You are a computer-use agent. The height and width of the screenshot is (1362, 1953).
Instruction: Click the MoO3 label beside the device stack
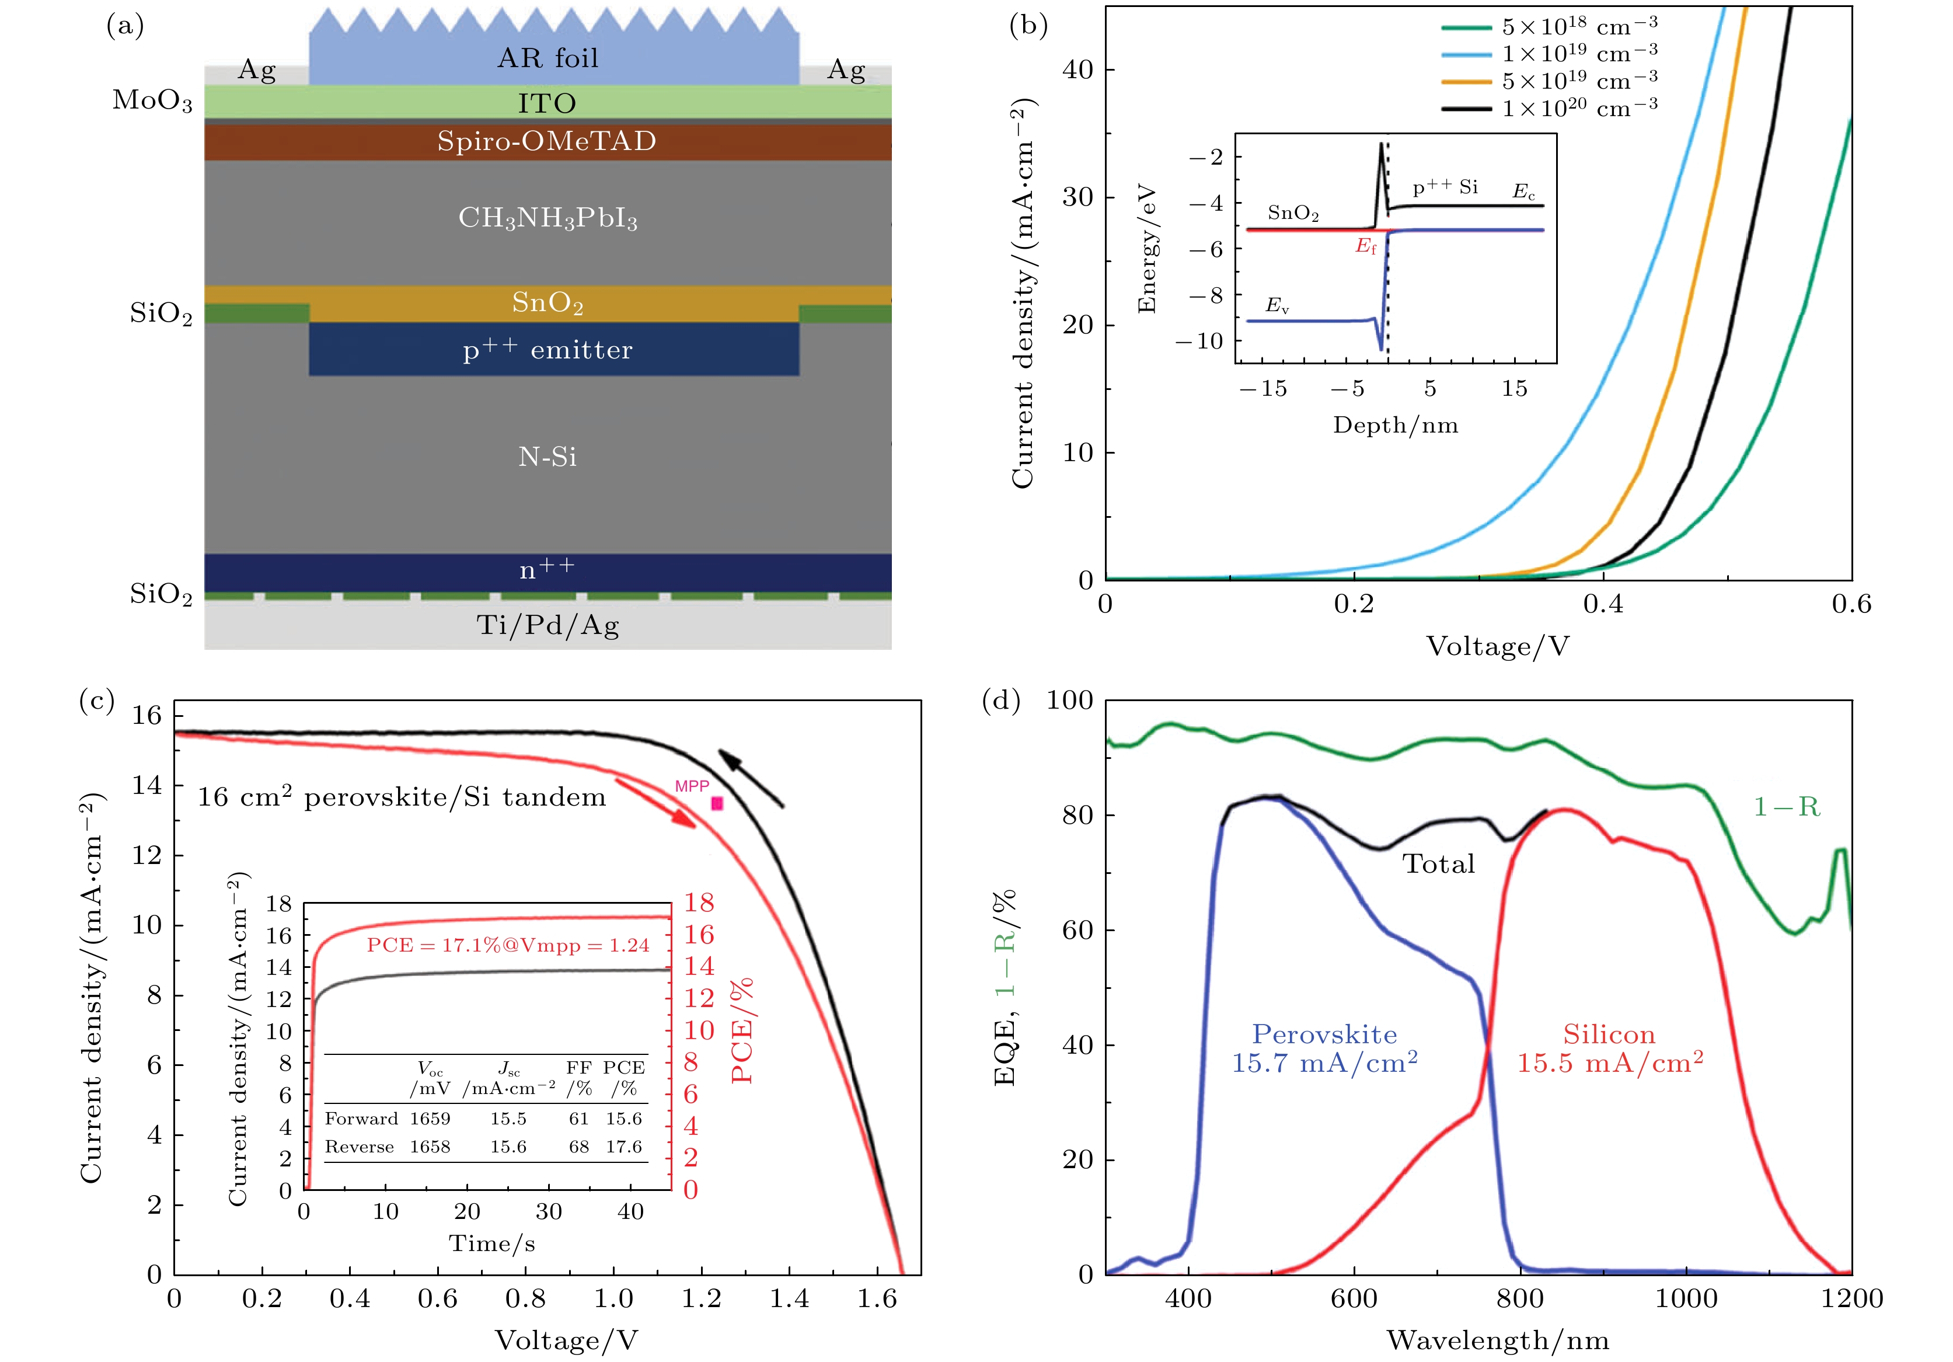point(152,100)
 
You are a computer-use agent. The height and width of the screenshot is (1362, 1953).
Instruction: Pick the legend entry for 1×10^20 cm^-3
point(1578,108)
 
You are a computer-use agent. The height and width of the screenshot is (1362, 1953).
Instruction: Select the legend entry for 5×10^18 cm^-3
point(1578,26)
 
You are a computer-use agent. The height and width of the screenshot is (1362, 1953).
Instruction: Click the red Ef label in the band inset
point(1365,247)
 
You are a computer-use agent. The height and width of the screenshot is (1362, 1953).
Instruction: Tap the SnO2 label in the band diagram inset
point(1293,213)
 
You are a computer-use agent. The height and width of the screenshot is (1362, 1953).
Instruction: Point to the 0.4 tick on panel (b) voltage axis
point(1603,604)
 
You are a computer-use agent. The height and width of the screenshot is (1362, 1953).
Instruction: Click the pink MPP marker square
point(717,803)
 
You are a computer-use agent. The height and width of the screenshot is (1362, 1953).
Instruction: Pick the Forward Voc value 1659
point(430,1119)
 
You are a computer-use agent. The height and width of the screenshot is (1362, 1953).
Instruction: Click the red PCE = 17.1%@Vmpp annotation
point(508,945)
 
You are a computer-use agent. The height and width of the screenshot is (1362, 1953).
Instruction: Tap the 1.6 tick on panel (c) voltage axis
point(877,1299)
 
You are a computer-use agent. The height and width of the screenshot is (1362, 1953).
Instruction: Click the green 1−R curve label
point(1786,806)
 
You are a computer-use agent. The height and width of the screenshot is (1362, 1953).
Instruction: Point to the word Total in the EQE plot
point(1438,865)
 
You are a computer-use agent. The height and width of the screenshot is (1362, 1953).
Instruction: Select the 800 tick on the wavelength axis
point(1520,1299)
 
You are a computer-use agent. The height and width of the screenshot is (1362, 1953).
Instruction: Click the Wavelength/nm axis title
point(1497,1341)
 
